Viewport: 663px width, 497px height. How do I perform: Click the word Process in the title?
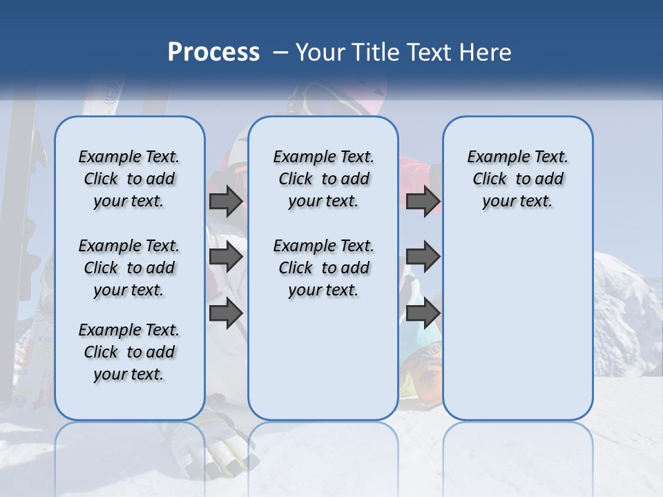pos(213,52)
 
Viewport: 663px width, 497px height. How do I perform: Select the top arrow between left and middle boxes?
pos(226,201)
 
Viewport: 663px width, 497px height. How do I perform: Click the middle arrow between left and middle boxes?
pos(226,257)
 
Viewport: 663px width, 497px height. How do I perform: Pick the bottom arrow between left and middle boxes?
pos(226,313)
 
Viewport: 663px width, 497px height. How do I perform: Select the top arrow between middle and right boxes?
pos(423,201)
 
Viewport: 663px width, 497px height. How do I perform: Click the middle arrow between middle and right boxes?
pos(423,257)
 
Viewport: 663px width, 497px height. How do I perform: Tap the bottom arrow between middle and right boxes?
pos(423,313)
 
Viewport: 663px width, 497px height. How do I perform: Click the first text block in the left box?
pos(129,179)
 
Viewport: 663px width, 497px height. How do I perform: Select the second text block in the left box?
pos(129,268)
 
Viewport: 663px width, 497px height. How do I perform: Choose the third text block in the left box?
pos(129,352)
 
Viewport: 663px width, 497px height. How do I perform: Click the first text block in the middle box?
pos(323,179)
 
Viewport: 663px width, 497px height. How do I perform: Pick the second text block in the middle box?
pos(323,268)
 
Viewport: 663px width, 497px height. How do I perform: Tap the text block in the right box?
pos(517,179)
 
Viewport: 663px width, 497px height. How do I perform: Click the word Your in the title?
pos(321,52)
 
